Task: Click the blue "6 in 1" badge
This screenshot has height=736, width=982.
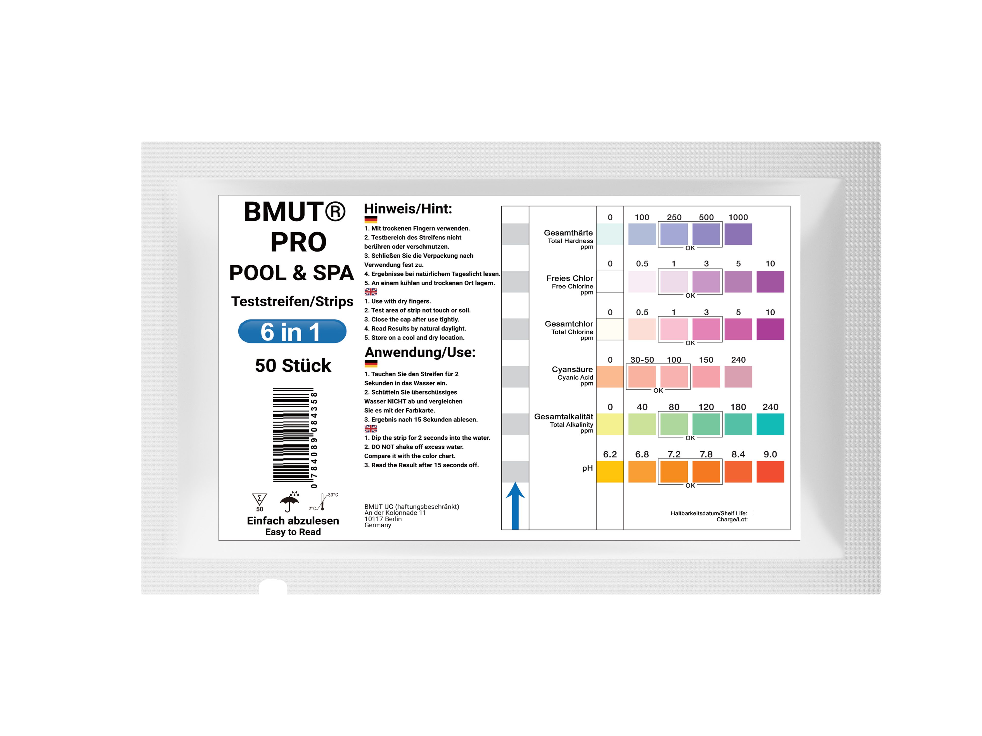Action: [x=292, y=331]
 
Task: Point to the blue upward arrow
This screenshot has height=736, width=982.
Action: [x=515, y=506]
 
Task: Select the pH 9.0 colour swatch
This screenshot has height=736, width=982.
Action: [x=770, y=472]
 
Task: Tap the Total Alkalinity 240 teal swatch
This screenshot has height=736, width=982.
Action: [x=770, y=424]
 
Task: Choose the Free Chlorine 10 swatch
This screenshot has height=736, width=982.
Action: [x=770, y=282]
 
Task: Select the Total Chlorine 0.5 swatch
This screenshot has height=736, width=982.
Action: [x=642, y=329]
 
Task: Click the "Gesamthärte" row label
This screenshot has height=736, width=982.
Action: [x=568, y=233]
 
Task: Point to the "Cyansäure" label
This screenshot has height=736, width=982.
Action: [x=572, y=369]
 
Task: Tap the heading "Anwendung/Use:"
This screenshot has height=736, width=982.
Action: [x=420, y=352]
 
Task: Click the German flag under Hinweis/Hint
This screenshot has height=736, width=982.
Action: [x=371, y=219]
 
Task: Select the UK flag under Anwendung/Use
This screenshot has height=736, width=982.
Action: [x=371, y=429]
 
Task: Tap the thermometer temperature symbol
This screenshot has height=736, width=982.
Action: [x=323, y=501]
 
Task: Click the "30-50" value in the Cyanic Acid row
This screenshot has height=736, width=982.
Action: [x=642, y=360]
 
